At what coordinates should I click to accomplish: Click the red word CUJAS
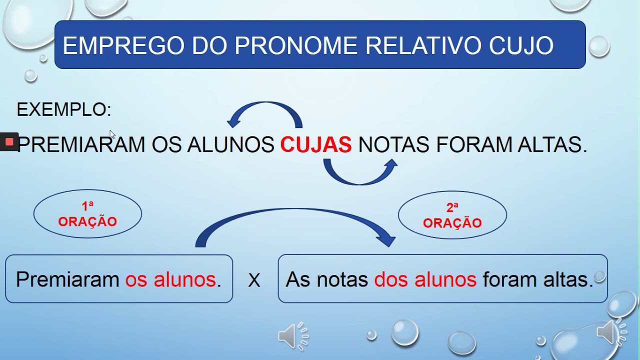pos(315,145)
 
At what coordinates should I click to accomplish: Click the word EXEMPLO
pos(63,109)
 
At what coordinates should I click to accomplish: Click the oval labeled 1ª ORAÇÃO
pos(87,214)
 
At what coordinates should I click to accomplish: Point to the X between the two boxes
pos(254,280)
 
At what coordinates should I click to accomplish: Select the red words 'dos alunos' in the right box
pos(425,279)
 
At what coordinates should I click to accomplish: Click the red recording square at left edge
pos(9,142)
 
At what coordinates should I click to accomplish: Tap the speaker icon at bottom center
pos(292,336)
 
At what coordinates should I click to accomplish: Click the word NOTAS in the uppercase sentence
pos(393,145)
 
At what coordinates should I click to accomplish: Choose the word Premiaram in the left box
pos(67,279)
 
